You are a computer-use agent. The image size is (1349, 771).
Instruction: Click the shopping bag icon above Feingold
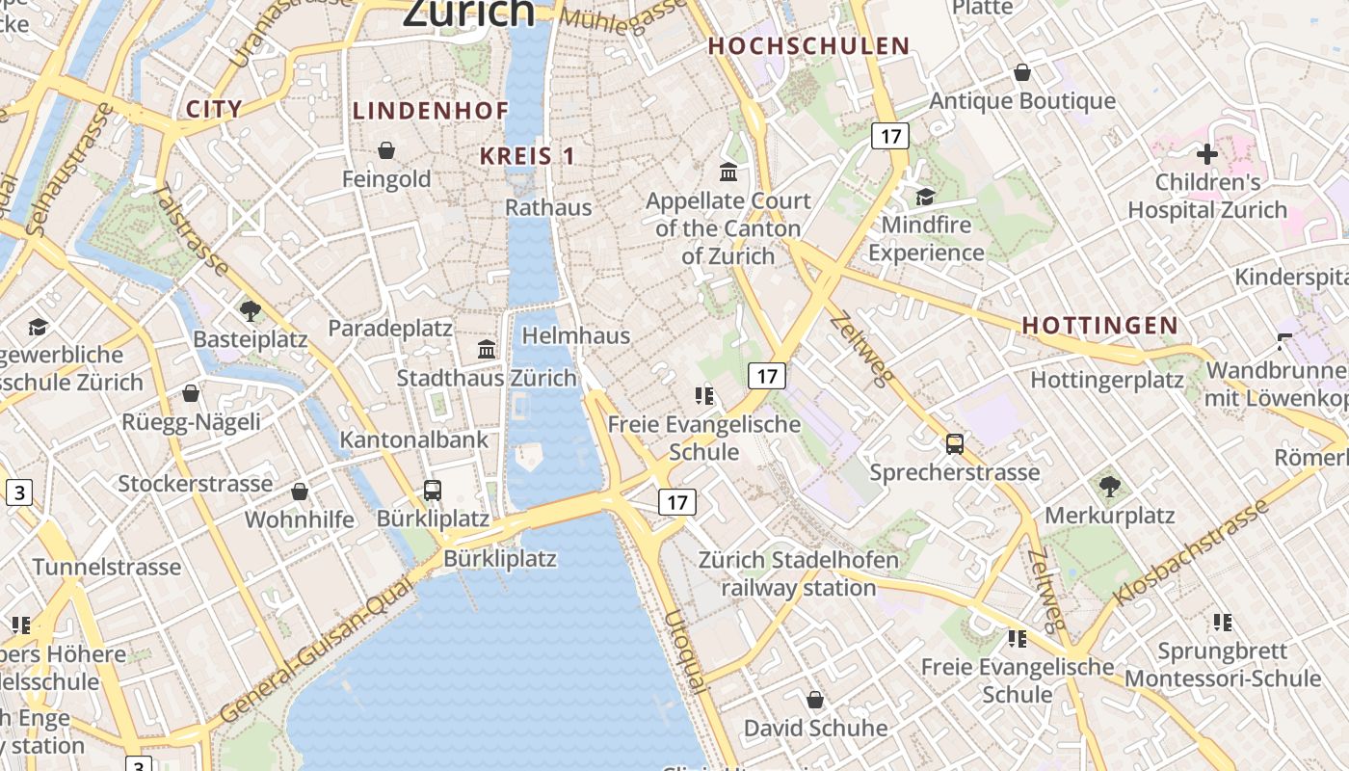386,150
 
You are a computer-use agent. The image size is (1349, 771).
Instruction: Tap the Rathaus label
548,207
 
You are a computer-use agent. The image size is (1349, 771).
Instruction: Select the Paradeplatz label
390,328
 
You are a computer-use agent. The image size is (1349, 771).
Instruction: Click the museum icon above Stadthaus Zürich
487,349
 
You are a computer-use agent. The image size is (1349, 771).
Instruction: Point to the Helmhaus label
576,336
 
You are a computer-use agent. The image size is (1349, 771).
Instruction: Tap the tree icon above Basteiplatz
251,310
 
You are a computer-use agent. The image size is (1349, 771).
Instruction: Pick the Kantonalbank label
414,440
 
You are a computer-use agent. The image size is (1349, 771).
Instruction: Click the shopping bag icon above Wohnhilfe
300,492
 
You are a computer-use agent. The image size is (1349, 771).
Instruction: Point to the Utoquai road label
684,651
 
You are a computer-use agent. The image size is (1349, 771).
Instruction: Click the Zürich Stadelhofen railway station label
799,573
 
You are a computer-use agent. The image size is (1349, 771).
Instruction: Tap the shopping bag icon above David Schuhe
815,699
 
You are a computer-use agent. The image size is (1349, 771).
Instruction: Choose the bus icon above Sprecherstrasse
955,444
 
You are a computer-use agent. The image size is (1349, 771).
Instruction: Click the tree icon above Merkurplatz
1110,487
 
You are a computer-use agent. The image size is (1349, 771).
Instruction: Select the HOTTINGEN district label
1100,326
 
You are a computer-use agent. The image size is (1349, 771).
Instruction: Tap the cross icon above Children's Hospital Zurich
1207,154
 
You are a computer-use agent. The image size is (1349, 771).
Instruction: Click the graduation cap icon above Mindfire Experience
926,197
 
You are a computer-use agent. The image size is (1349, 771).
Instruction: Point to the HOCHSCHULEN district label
809,45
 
